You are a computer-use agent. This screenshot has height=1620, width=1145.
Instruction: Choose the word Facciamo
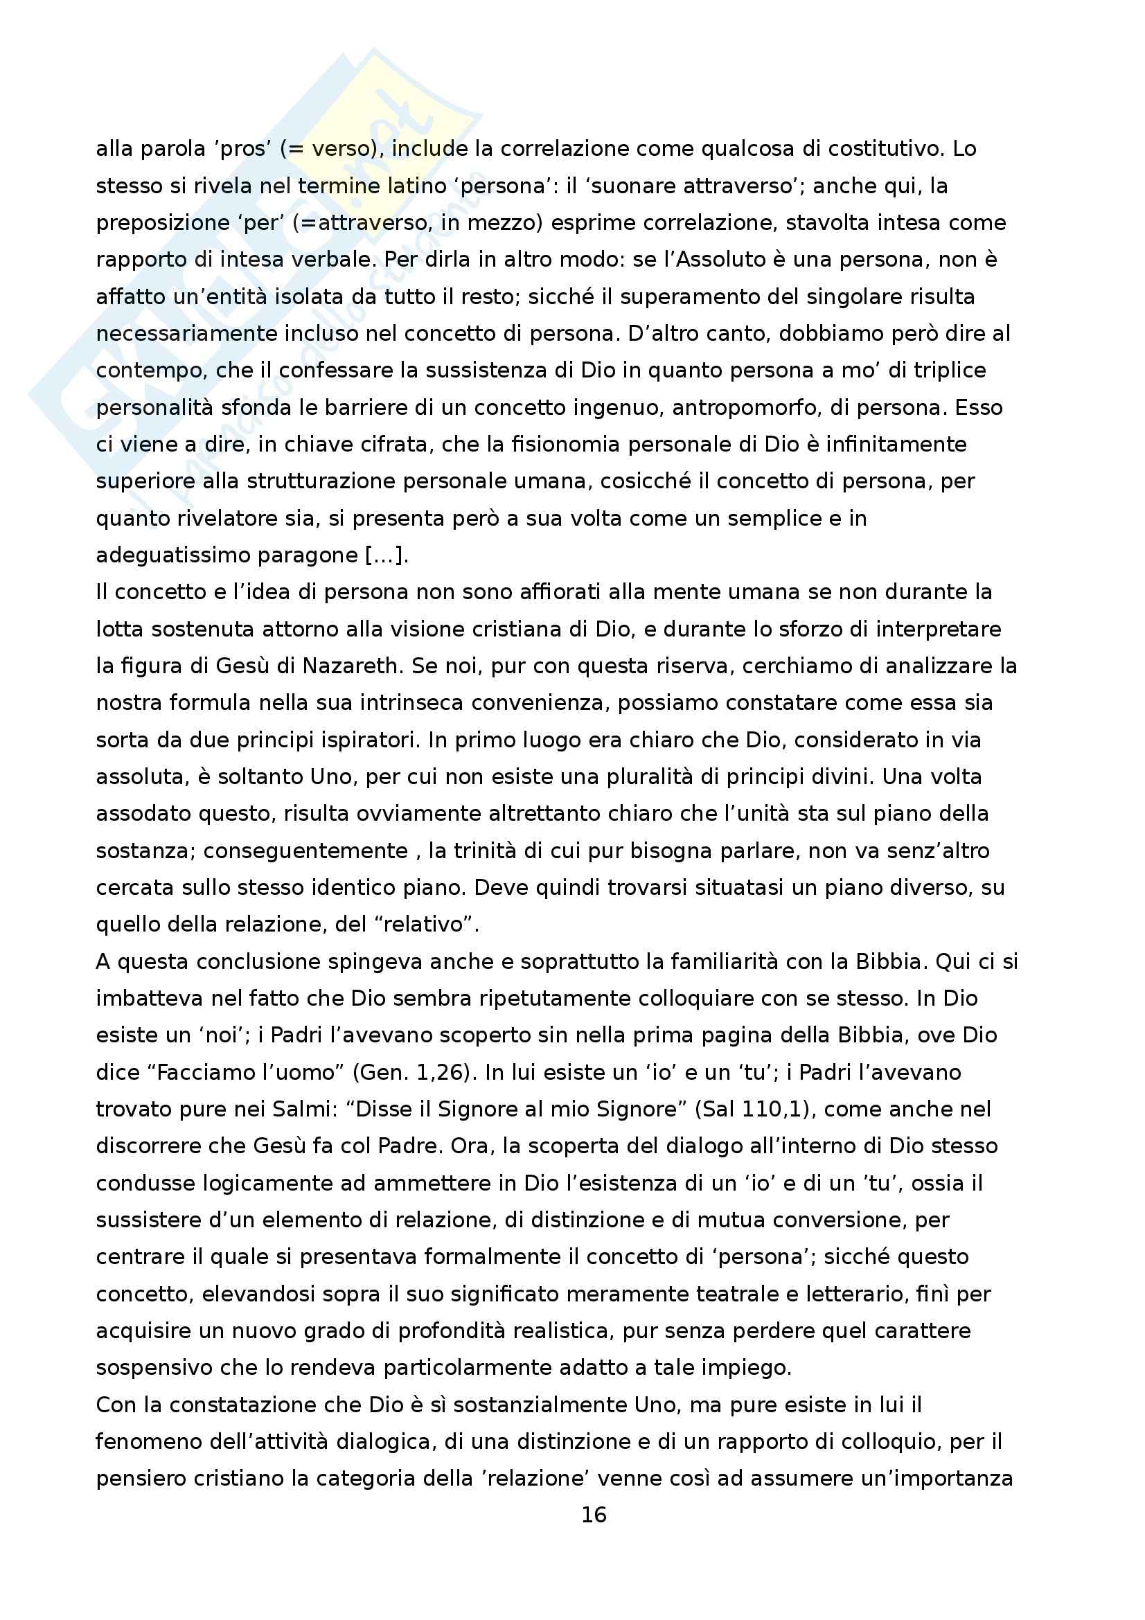click(211, 1071)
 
